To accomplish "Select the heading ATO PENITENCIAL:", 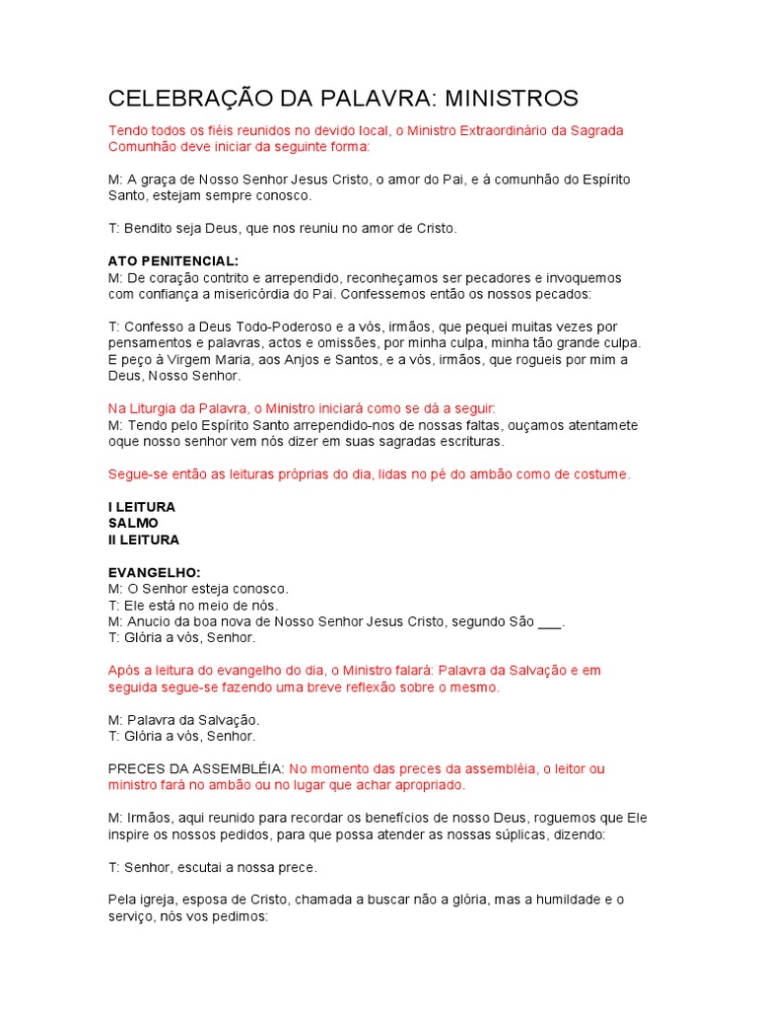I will (172, 261).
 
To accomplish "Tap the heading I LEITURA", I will (142, 507).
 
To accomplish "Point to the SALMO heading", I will (133, 523).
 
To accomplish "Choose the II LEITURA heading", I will (144, 540).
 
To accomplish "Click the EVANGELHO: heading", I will (154, 572).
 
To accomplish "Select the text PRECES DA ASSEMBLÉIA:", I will (195, 768).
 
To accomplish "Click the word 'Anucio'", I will (150, 621).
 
